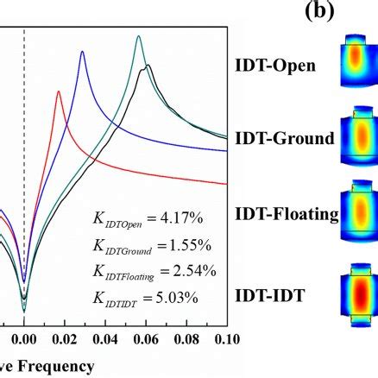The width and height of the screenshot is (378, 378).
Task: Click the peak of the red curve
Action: [59, 91]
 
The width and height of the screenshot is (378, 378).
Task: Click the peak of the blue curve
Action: [82, 53]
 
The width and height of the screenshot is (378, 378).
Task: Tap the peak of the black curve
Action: [148, 66]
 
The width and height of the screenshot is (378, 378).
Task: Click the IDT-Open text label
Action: [275, 65]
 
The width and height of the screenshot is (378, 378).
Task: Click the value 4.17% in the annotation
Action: [192, 220]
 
